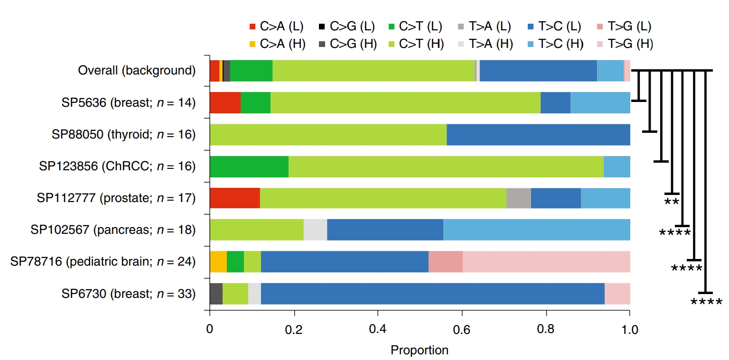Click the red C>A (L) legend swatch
[252, 26]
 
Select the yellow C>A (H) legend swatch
[252, 44]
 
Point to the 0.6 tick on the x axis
[462, 313]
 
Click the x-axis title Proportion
[419, 350]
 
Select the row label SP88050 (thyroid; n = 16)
[124, 134]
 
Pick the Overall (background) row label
[137, 71]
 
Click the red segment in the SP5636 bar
[225, 102]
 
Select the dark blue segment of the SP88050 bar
[538, 134]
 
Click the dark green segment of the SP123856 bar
[249, 166]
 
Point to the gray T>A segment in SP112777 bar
[518, 198]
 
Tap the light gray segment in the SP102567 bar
[315, 230]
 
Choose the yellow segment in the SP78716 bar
[218, 261]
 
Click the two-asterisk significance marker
[671, 202]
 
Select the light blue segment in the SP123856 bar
[617, 166]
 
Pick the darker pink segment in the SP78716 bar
[445, 261]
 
